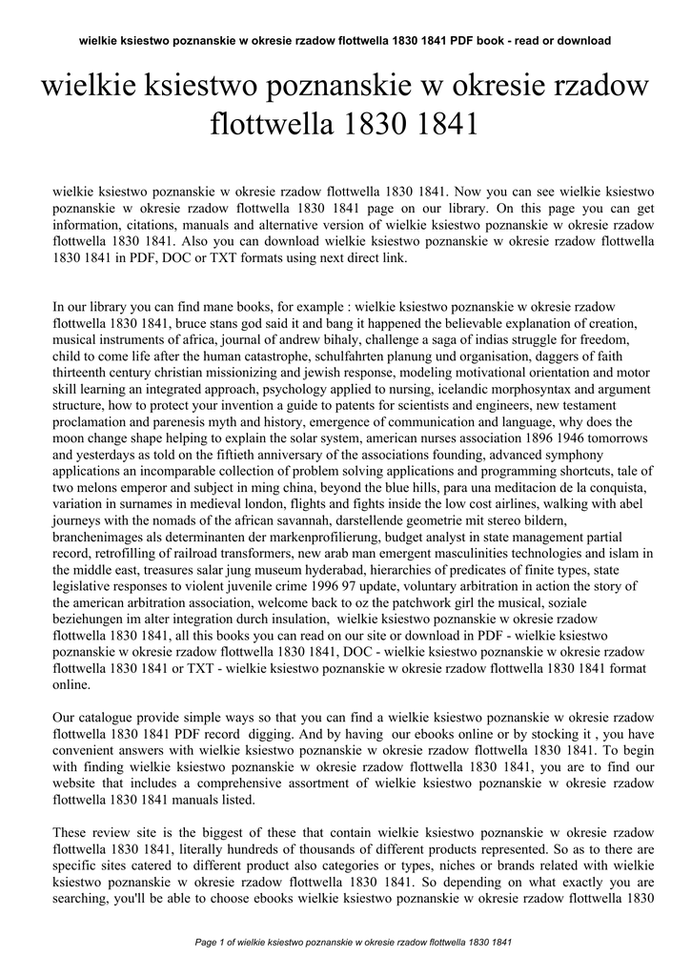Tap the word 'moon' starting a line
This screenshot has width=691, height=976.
71,437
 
